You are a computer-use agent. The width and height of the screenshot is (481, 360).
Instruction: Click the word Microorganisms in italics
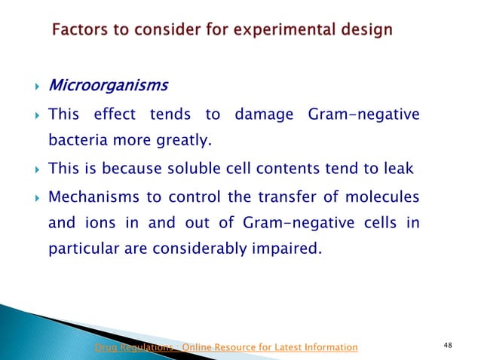107,85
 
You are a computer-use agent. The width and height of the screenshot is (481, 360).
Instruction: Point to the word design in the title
364,31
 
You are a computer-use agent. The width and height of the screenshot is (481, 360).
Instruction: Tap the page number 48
449,346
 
